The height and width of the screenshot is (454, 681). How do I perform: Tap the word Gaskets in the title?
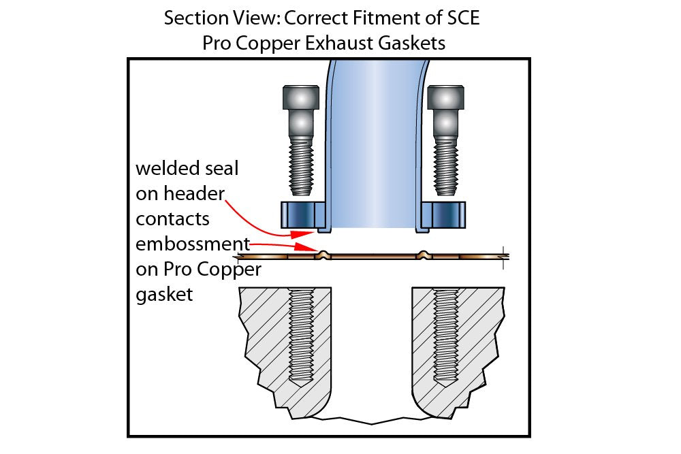coord(411,43)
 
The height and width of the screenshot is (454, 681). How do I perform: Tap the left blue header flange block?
coord(303,215)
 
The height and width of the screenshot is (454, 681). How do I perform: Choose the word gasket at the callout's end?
coord(164,295)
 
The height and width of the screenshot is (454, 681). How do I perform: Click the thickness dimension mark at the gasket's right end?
coord(504,257)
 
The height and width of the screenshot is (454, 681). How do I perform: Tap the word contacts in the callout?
coord(173,218)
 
